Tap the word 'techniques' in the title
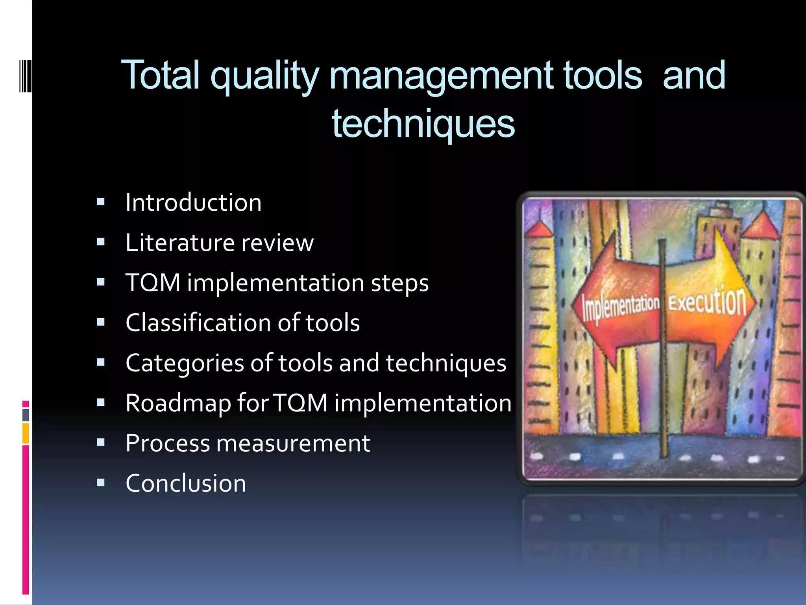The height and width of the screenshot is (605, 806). [423, 123]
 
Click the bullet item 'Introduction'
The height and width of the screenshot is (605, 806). [193, 203]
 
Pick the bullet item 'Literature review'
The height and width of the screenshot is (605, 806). [219, 243]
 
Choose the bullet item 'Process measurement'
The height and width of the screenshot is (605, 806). [248, 444]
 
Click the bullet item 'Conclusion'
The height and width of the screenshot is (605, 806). [186, 484]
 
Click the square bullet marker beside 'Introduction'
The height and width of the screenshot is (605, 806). [101, 202]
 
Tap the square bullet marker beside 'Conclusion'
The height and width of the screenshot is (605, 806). [101, 483]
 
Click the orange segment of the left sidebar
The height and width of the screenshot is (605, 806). [26, 433]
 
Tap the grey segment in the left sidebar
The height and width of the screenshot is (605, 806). [26, 415]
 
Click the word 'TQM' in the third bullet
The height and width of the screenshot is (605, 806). [153, 283]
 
